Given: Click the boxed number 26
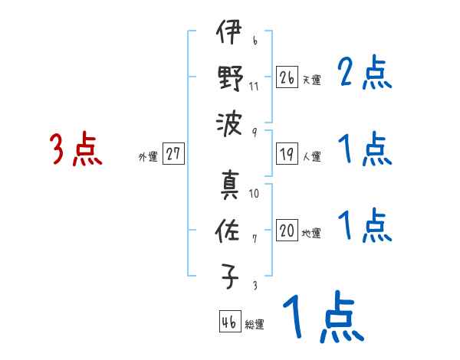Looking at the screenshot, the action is point(287,77).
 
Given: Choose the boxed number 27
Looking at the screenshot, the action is point(173,154).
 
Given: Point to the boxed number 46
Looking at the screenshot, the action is point(228,322).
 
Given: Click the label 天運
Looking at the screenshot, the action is point(311,80).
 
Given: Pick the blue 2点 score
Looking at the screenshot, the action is point(364,74).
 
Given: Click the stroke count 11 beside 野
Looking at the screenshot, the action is point(254,85).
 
